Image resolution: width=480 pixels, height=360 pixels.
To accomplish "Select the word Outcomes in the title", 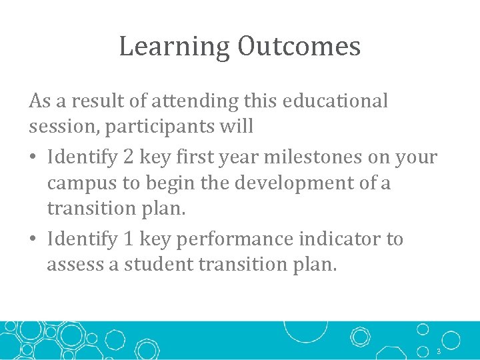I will [x=299, y=47].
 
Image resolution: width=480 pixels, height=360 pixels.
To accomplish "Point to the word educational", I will [x=335, y=101].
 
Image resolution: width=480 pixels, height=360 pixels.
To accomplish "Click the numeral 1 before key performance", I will [x=130, y=239].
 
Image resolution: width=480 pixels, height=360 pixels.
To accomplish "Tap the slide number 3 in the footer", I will [x=439, y=351].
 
